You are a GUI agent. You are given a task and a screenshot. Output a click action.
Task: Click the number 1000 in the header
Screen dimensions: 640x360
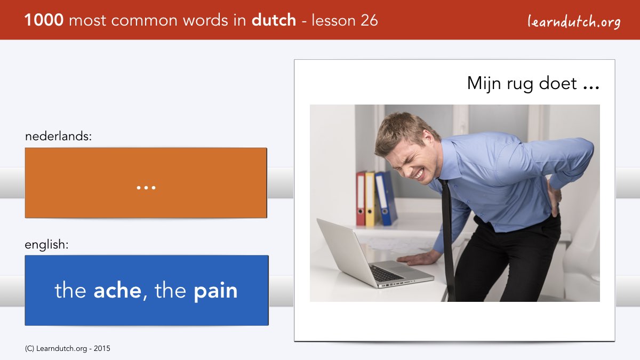(44, 20)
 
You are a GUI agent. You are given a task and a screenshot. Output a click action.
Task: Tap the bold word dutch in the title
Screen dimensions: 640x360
(274, 20)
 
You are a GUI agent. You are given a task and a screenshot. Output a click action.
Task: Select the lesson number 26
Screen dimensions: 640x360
(369, 20)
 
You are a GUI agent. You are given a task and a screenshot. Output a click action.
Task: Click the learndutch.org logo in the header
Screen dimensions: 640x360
(574, 22)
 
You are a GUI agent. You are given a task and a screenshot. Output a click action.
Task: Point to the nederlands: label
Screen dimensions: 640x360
(58, 136)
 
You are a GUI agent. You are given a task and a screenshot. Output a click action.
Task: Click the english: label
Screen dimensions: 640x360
(46, 245)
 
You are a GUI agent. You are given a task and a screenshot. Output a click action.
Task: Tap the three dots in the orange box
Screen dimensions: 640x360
(146, 188)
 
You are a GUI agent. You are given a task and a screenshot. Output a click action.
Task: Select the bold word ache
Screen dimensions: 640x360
(117, 291)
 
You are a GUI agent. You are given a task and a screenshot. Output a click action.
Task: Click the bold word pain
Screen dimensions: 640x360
(215, 291)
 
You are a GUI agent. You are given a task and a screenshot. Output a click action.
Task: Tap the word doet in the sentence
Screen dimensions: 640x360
(557, 83)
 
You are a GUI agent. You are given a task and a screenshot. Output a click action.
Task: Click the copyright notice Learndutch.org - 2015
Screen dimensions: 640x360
(67, 349)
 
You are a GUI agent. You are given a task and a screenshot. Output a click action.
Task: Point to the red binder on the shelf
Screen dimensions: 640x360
(361, 198)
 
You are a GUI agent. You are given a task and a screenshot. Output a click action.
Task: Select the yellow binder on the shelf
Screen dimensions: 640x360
(370, 199)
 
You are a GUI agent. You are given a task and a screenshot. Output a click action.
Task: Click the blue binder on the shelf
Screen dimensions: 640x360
(386, 198)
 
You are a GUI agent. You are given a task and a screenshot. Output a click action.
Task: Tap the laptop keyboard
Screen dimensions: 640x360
(387, 274)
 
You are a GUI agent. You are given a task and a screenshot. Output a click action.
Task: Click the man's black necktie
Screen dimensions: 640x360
(447, 240)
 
